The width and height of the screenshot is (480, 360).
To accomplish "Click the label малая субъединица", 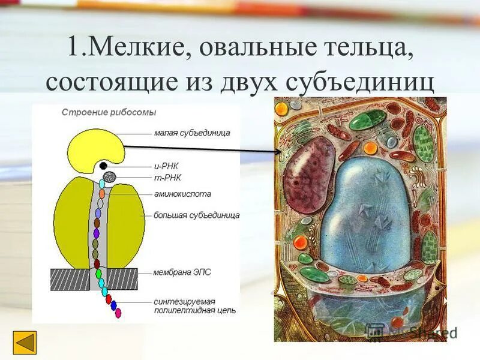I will point(191,133).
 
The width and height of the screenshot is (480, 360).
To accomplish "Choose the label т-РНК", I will point(167,178).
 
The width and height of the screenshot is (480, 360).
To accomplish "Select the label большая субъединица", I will point(196,215).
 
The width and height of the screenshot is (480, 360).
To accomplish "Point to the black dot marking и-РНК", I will point(103,165).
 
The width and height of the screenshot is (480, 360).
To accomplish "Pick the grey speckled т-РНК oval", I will point(110,176).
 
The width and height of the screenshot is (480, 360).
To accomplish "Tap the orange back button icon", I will point(25,342).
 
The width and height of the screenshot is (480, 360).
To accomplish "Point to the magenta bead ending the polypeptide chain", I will point(118,313).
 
